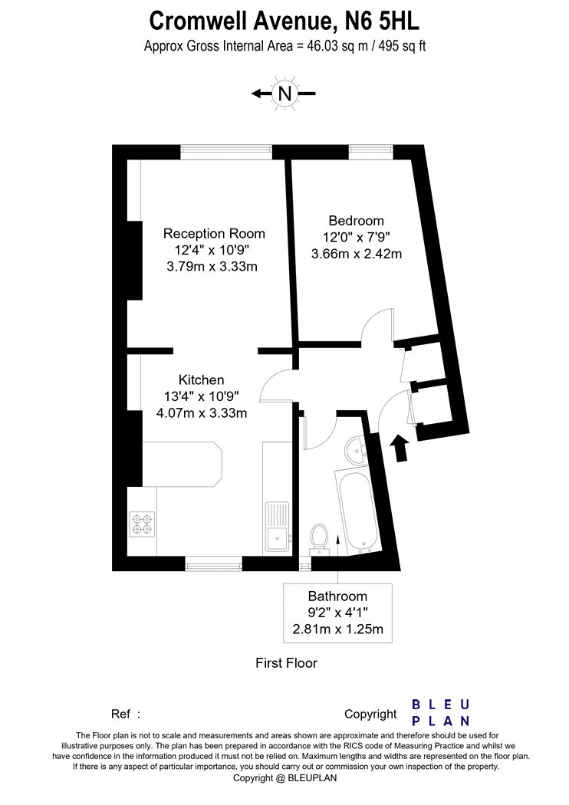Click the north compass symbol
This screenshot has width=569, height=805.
click(x=284, y=94)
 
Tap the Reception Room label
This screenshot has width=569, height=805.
click(x=214, y=234)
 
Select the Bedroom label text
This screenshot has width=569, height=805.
click(x=357, y=221)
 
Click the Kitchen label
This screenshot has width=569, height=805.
click(x=202, y=380)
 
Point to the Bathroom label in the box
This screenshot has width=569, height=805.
click(x=337, y=596)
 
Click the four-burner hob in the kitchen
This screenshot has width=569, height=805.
click(x=143, y=523)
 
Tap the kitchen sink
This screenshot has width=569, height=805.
click(x=278, y=526)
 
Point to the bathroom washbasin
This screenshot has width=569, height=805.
click(x=355, y=450)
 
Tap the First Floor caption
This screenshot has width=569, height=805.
click(x=287, y=663)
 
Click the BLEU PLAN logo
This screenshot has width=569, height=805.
click(x=441, y=712)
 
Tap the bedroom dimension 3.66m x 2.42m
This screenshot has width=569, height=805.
click(x=357, y=254)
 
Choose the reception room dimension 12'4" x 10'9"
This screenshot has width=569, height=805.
click(x=212, y=250)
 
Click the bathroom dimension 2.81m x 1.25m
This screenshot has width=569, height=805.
click(x=338, y=629)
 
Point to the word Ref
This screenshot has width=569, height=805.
click(x=120, y=714)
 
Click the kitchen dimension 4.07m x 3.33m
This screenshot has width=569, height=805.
click(x=202, y=412)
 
